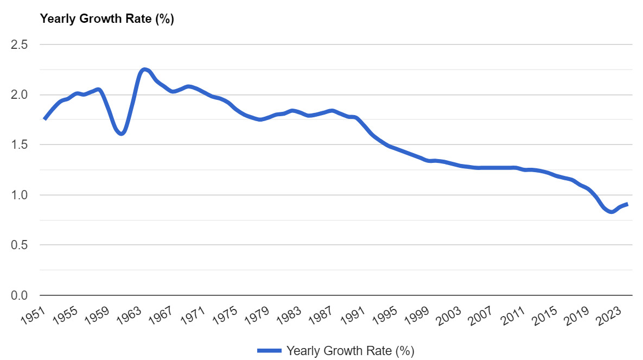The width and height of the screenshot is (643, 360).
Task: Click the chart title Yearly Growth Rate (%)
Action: (x=107, y=19)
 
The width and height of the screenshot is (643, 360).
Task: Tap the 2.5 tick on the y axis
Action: (x=20, y=45)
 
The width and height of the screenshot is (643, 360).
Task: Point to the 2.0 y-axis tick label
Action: (x=20, y=95)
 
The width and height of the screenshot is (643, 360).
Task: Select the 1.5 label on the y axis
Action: (x=20, y=145)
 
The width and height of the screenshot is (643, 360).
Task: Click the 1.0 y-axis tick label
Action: (x=20, y=195)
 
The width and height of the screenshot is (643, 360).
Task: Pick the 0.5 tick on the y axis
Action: (x=20, y=245)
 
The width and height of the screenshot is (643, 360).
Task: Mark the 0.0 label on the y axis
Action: (x=20, y=295)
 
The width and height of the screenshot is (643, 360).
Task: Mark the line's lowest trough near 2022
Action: (x=612, y=212)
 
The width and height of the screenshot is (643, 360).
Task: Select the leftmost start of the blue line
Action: (x=44, y=119)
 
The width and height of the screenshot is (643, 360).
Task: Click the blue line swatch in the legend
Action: (x=269, y=350)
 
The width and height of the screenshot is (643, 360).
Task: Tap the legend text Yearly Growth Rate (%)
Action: (x=350, y=350)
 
